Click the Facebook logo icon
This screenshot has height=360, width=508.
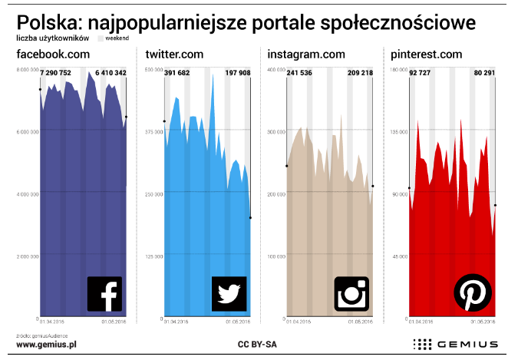pyautogui.click(x=105, y=293)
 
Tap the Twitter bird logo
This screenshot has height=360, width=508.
pyautogui.click(x=229, y=293)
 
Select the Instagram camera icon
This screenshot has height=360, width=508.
pyautogui.click(x=352, y=293)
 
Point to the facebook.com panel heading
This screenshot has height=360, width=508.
pyautogui.click(x=54, y=54)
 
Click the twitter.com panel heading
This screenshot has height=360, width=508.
pyautogui.click(x=174, y=54)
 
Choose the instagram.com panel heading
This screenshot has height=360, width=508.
pyautogui.click(x=306, y=54)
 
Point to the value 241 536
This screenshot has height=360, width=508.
pyautogui.click(x=303, y=73)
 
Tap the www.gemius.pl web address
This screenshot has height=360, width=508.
pyautogui.click(x=46, y=345)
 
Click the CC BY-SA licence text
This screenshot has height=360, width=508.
pyautogui.click(x=257, y=345)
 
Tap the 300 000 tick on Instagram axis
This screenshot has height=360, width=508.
pyautogui.click(x=275, y=132)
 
